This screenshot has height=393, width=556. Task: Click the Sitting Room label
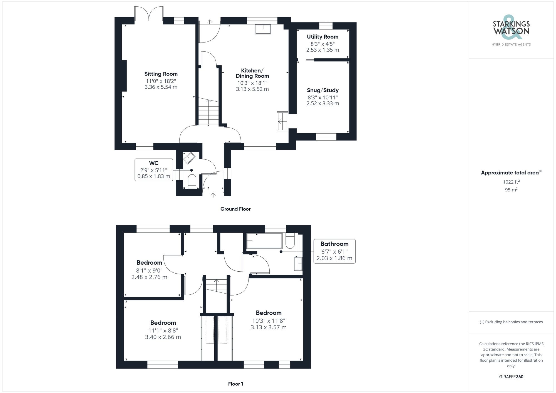pyautogui.click(x=161, y=74)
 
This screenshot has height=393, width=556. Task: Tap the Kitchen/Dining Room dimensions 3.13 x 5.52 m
pyautogui.click(x=252, y=89)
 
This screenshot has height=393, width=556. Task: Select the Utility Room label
pyautogui.click(x=322, y=37)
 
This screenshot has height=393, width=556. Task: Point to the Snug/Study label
pyautogui.click(x=322, y=90)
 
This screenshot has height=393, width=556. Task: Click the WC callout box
pyautogui.click(x=154, y=170)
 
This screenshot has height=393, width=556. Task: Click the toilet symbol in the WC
pyautogui.click(x=192, y=181)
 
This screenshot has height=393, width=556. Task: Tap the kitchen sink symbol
pyautogui.click(x=263, y=29)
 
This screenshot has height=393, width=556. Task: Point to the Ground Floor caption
pyautogui.click(x=235, y=209)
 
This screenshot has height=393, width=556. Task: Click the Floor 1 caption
pyautogui.click(x=235, y=384)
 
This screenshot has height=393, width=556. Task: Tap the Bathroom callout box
pyautogui.click(x=334, y=251)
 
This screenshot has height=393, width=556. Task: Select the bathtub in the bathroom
pyautogui.click(x=264, y=241)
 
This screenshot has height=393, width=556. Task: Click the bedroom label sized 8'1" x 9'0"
pyautogui.click(x=149, y=262)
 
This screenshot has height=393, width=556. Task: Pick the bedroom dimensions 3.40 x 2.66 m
pyautogui.click(x=163, y=337)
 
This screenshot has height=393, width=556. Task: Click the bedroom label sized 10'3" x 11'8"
pyautogui.click(x=269, y=313)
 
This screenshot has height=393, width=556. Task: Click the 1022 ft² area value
pyautogui.click(x=511, y=182)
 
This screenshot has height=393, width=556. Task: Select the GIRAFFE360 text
pyautogui.click(x=511, y=377)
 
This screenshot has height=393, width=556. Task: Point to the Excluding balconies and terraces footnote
pyautogui.click(x=511, y=322)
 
